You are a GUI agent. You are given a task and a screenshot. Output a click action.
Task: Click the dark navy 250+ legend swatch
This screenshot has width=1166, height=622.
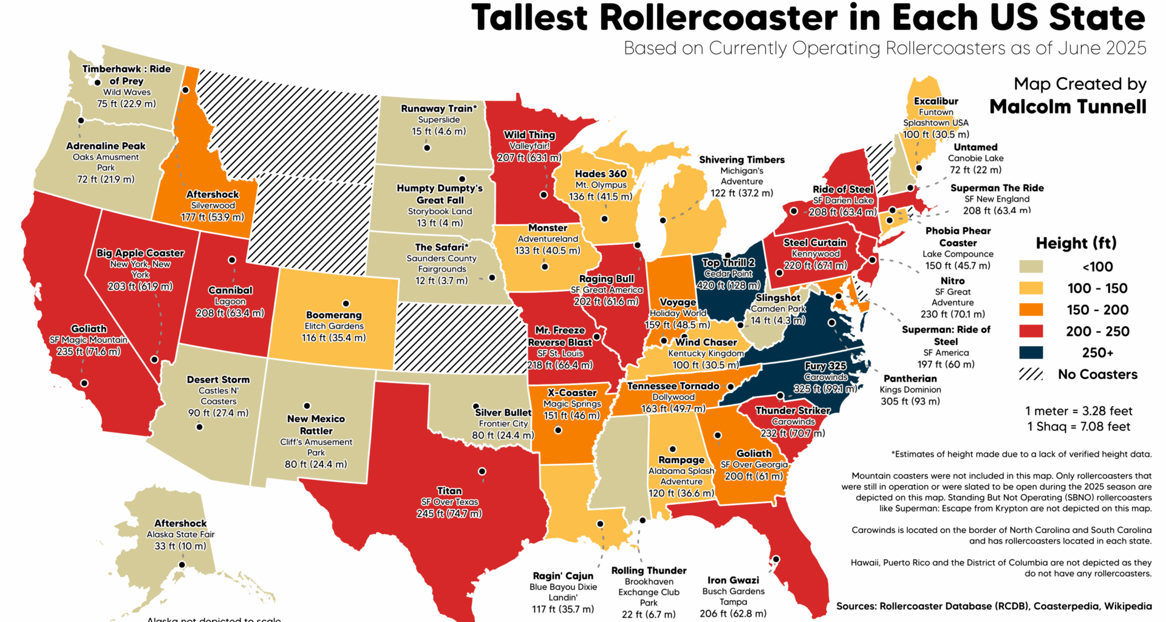[1031, 353]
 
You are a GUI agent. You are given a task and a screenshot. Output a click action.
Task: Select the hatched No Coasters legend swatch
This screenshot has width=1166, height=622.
[1031, 374]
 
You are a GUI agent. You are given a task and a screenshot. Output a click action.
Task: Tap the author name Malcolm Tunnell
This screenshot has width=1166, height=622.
[1068, 107]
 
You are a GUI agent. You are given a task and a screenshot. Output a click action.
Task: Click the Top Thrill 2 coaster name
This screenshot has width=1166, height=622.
[728, 262]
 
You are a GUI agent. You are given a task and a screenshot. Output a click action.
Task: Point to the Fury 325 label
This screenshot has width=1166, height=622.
[825, 366]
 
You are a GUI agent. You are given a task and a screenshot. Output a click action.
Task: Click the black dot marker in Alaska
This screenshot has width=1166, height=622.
[182, 565]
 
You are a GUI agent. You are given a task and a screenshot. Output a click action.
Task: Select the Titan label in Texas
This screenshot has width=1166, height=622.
[449, 491]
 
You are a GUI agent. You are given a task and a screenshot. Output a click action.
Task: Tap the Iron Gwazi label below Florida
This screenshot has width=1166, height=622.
[733, 580]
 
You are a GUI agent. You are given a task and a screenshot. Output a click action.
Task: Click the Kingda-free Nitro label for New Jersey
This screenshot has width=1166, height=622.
[952, 281]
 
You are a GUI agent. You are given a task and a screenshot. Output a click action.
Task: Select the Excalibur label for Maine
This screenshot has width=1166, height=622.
[936, 101]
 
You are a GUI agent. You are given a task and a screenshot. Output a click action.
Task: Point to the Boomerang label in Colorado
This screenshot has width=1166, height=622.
[333, 315]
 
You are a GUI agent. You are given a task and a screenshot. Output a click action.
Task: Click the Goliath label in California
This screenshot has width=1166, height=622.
[89, 329]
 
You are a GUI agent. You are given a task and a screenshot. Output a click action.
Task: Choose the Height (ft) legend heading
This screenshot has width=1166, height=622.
[1076, 243]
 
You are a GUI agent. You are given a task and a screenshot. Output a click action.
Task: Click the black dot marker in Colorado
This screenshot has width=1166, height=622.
[346, 304]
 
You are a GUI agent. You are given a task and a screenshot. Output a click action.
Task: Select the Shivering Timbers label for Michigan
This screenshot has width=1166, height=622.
[742, 160]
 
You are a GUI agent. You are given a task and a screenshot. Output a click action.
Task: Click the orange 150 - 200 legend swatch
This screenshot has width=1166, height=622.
[1031, 310]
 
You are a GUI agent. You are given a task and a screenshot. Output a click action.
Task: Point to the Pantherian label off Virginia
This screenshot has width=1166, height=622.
[910, 378]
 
